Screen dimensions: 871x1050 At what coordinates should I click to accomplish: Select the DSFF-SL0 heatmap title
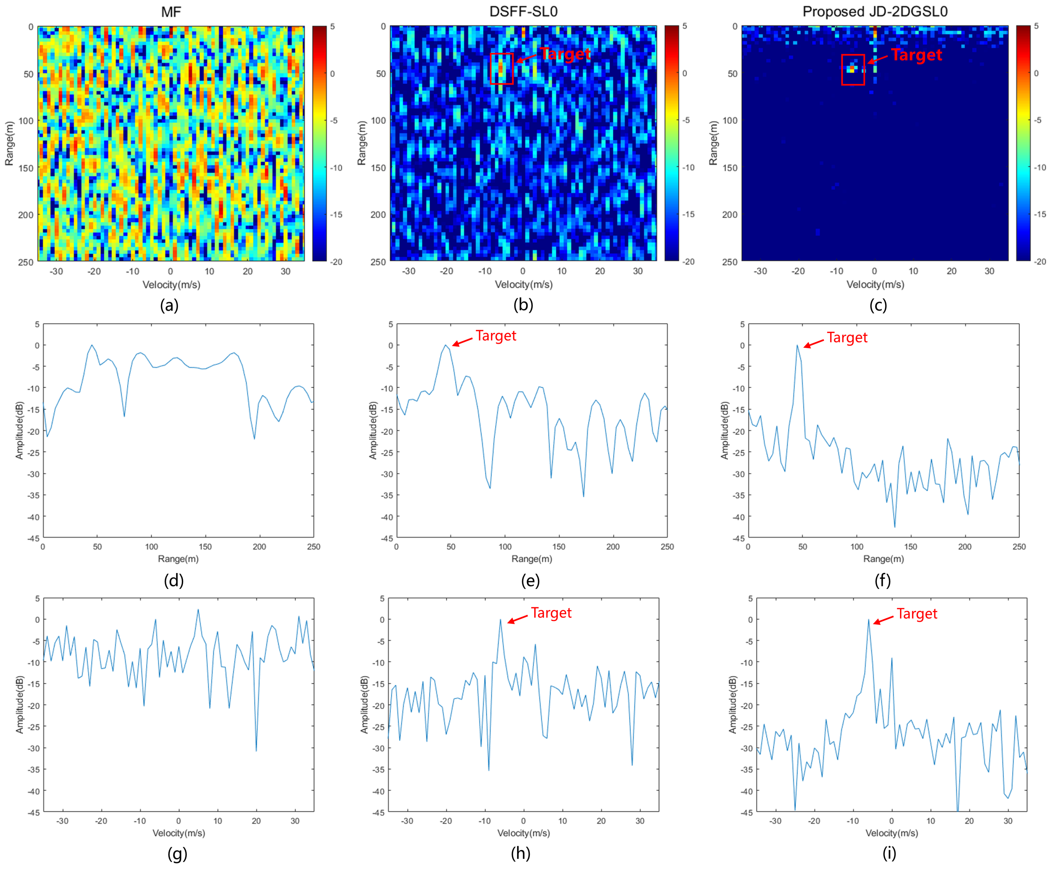523,12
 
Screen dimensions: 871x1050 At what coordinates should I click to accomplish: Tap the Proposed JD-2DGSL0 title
875,12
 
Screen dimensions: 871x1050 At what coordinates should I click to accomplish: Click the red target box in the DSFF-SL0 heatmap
502,68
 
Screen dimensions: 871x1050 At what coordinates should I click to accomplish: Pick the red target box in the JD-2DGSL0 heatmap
853,69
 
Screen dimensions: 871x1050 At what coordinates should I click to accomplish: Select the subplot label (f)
882,580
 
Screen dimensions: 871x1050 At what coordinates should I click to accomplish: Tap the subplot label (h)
521,853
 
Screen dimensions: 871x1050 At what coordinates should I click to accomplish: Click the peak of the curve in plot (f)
797,345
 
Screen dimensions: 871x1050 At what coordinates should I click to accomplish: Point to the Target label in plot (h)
551,613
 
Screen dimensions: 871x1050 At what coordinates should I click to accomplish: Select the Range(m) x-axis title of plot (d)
178,558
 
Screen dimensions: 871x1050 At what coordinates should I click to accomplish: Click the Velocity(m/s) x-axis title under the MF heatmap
171,285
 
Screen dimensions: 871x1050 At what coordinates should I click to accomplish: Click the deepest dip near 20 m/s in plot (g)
256,751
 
